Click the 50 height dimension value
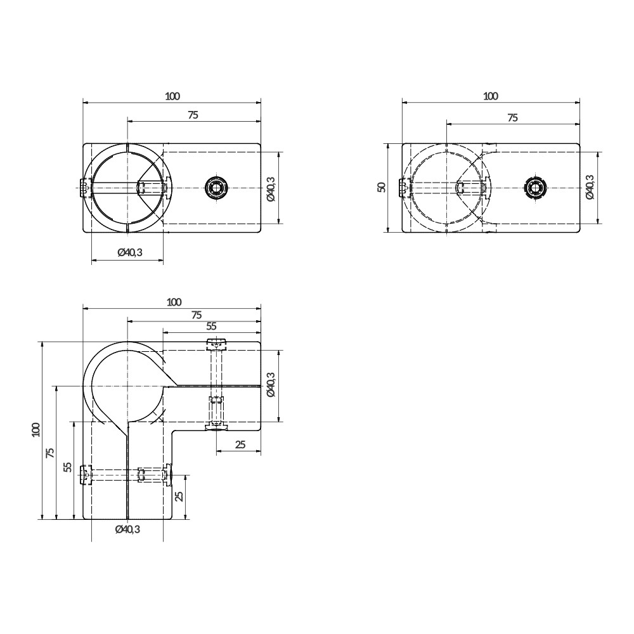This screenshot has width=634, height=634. [381, 188]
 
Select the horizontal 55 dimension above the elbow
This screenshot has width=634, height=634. [211, 326]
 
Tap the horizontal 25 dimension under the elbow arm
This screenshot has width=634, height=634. [240, 445]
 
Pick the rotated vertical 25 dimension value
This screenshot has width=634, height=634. [179, 496]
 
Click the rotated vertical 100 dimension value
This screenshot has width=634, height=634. [36, 430]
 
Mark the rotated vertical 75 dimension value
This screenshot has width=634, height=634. [51, 452]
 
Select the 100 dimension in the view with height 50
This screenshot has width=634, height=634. [490, 96]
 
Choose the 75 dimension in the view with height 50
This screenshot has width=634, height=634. [512, 117]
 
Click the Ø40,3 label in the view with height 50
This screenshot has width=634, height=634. [590, 188]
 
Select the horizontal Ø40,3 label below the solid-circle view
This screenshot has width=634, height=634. [130, 252]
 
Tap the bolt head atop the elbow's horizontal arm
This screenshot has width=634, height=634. [217, 344]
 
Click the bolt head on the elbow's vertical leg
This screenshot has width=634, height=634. [83, 474]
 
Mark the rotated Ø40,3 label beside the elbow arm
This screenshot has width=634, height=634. [271, 385]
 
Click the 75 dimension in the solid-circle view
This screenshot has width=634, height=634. [193, 115]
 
